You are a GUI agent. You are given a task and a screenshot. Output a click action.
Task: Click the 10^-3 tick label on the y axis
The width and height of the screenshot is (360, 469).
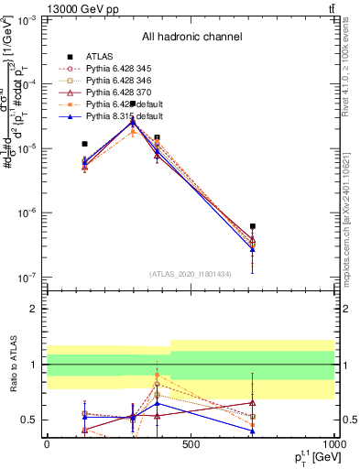pyautogui.click(x=22, y=19)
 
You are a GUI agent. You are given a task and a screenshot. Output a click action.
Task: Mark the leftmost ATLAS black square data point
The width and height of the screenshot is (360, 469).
pyautogui.click(x=84, y=144)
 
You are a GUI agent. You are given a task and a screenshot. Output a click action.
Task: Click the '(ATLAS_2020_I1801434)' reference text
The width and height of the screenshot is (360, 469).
pyautogui.click(x=191, y=274)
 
